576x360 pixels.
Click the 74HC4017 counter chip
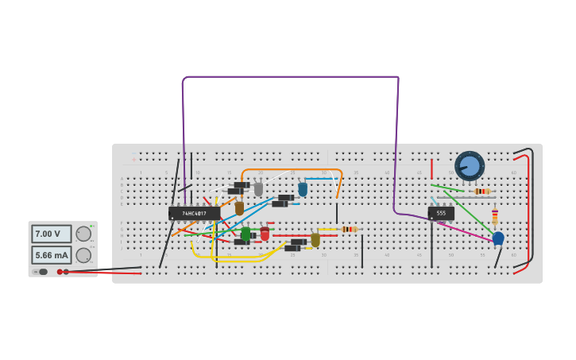[194, 213]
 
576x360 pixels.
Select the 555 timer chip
[441, 213]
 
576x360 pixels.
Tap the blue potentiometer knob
[470, 166]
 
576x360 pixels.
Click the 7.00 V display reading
[51, 234]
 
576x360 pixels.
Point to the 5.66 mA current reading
[51, 255]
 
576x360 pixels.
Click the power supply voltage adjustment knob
[83, 234]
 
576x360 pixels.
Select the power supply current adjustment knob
[83, 255]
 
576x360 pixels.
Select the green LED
[245, 234]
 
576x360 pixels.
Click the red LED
[265, 234]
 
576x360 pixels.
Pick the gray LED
[258, 189]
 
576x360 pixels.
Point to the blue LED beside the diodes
[303, 189]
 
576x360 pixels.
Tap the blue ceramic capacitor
[498, 238]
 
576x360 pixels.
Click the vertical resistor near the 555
[494, 216]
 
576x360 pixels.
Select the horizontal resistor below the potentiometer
[481, 192]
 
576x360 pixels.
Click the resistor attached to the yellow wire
[348, 230]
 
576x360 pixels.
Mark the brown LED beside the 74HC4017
[239, 208]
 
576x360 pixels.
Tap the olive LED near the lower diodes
[315, 239]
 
